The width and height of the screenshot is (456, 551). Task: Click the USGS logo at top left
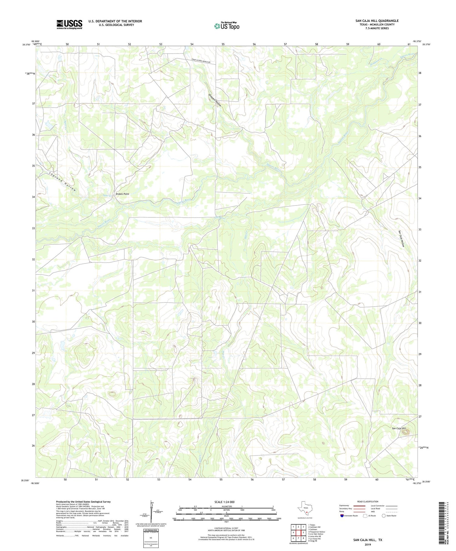point(69,24)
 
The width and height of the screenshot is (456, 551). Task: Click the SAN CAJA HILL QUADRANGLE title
point(377,21)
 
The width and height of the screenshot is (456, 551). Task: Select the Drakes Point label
point(122,194)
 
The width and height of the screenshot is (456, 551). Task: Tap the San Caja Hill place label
point(399,428)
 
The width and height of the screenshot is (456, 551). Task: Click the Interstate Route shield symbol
point(342,516)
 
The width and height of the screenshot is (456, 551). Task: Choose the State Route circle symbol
point(384,516)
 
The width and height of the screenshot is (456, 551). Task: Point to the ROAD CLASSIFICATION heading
point(368,501)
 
